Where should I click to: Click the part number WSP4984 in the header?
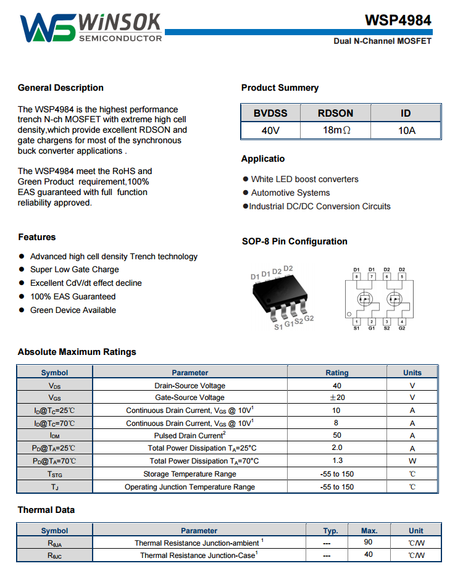(398, 20)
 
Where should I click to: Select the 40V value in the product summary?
(270, 130)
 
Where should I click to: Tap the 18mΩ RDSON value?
(335, 130)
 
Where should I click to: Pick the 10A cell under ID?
(406, 130)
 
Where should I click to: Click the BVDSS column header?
(270, 113)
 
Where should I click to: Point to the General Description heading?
(61, 88)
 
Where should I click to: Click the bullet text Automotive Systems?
(290, 193)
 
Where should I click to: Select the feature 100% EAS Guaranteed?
(73, 296)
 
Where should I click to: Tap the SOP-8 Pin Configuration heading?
(294, 241)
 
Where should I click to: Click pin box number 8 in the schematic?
(356, 277)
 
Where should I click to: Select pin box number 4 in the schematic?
(402, 322)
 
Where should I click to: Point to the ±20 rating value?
(337, 397)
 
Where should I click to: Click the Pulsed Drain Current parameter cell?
(190, 436)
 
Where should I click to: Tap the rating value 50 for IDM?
(337, 436)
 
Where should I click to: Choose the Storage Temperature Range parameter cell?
(190, 474)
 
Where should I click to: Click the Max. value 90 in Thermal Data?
(369, 543)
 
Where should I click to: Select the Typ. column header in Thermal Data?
(331, 530)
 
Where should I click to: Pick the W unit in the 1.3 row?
(412, 461)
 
